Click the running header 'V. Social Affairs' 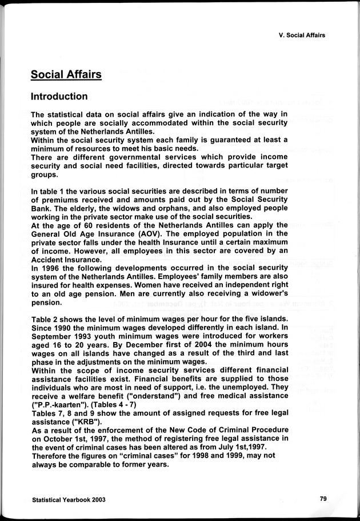pos(298,35)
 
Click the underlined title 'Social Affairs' pos(66,74)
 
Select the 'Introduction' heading pos(59,96)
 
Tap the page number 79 pos(323,499)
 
